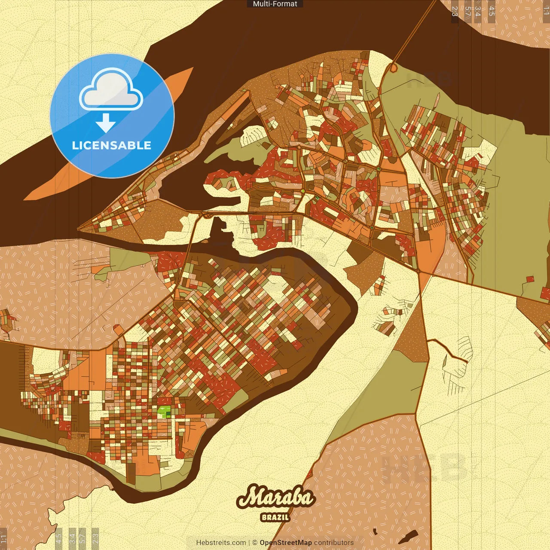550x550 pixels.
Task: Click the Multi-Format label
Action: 275,4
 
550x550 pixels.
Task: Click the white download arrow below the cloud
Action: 106,122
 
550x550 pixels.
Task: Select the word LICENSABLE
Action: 112,145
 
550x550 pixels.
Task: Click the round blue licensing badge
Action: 112,116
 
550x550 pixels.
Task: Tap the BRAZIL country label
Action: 275,517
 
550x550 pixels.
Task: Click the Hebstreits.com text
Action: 221,543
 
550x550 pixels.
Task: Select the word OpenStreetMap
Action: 286,543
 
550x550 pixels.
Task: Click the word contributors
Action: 334,543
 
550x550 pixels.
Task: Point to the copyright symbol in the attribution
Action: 255,543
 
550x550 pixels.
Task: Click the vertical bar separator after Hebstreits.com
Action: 249,543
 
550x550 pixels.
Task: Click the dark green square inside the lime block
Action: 168,414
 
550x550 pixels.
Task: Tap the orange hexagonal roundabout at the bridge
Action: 393,68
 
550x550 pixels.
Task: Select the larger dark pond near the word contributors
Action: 409,536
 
